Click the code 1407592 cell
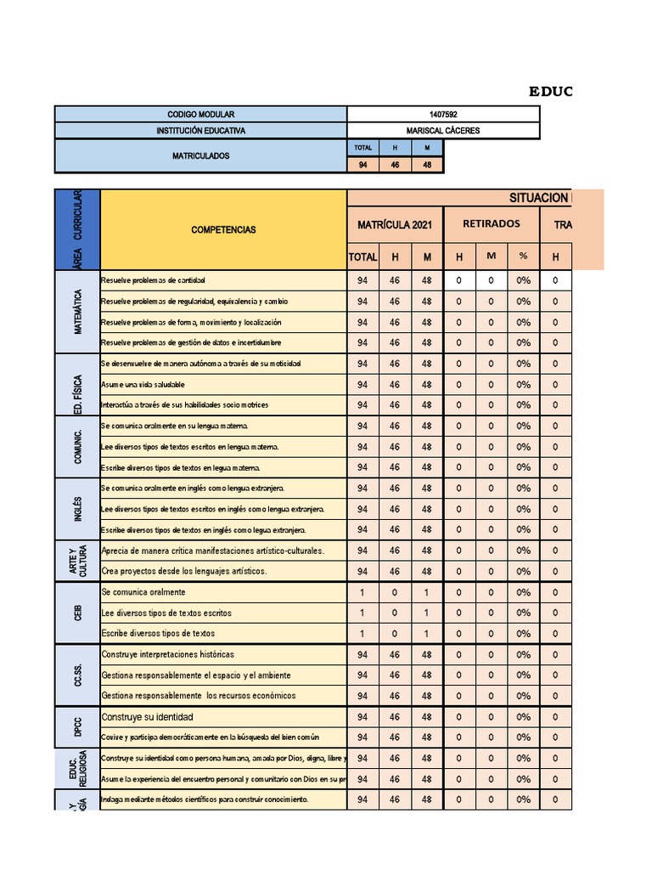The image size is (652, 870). pos(443,114)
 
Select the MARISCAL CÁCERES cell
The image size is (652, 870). pos(443,131)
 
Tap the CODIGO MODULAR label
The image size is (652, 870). pos(200,114)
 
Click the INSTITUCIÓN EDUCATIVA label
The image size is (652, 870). pos(200,131)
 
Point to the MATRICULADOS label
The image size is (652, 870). pos(200,155)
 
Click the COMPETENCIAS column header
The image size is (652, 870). pos(223,229)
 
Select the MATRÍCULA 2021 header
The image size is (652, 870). pos(395,224)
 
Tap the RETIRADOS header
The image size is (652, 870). pos(491,224)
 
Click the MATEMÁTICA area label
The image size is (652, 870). pos(77,312)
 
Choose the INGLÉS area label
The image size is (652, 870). pos(77,509)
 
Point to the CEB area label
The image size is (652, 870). pos(77,613)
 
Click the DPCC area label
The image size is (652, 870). pos(77,727)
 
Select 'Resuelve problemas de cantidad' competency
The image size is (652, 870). pos(153,280)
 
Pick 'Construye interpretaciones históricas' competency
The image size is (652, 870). pos(167,654)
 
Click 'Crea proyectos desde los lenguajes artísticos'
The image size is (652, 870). pos(183,571)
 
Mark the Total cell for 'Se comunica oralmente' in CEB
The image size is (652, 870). pos(362,592)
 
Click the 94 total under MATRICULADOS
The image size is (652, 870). pos(363,165)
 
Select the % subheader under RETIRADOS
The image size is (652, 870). pos(523,257)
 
